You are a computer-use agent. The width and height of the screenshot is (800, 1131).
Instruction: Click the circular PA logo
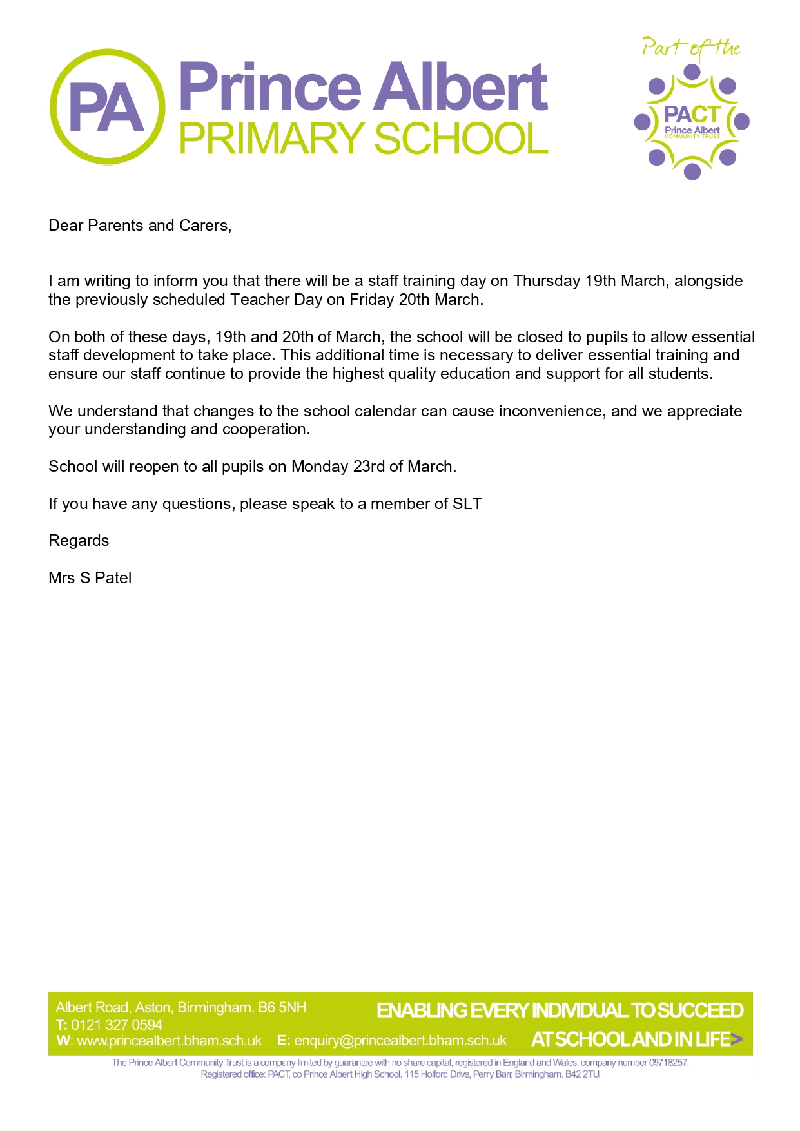pos(107,107)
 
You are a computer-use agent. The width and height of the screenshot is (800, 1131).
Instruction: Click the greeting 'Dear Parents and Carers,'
pos(140,226)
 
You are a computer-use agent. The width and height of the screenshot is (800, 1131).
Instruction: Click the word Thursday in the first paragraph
pos(547,281)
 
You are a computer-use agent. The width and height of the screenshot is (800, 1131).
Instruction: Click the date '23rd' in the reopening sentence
pos(369,467)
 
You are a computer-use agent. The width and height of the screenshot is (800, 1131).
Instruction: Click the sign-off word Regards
pos(79,541)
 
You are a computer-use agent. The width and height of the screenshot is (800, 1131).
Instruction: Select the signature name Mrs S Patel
pos(90,578)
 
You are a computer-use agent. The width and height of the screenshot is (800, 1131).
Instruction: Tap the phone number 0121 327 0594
pos(117,1025)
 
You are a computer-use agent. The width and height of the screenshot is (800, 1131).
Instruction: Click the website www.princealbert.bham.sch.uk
pos(169,1041)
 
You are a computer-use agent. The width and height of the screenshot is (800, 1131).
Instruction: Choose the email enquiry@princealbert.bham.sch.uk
pos(400,1041)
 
